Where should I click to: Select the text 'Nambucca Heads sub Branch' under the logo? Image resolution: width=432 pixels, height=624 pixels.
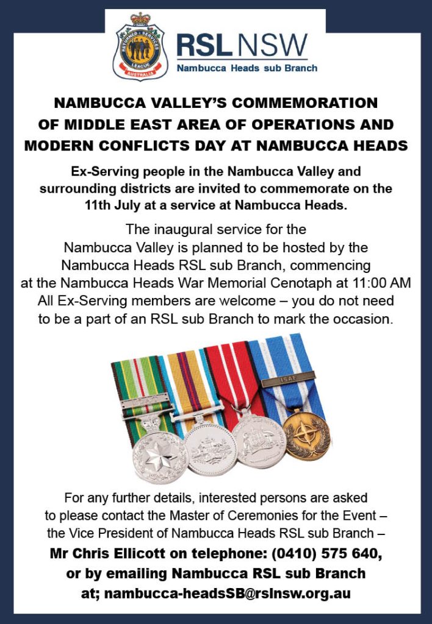[247, 68]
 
